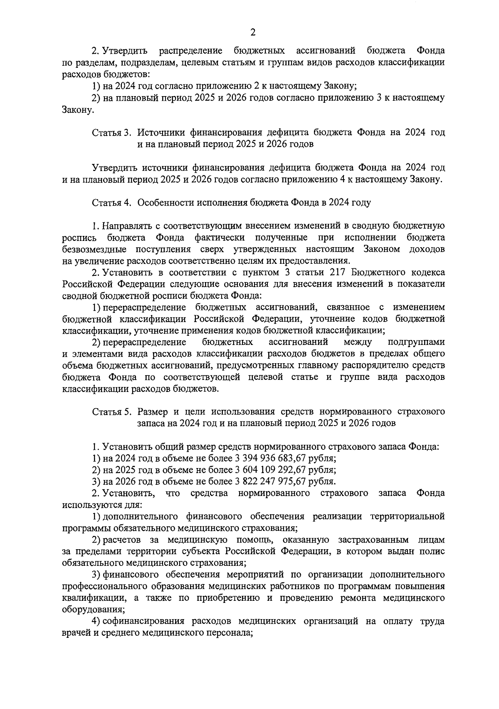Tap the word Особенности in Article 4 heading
click(164, 203)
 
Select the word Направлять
click(127, 226)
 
